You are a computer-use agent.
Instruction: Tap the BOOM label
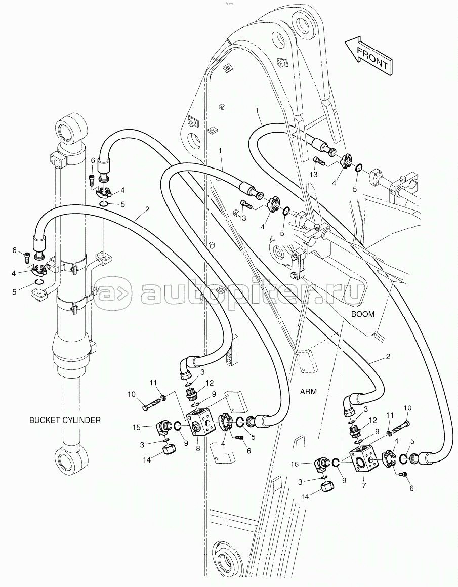(x=363, y=314)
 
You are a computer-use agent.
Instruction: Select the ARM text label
(x=308, y=391)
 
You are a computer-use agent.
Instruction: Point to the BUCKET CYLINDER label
(x=65, y=420)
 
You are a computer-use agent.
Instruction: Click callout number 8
(x=198, y=448)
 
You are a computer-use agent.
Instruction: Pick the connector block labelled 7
(x=363, y=462)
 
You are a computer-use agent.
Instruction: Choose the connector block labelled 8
(x=200, y=423)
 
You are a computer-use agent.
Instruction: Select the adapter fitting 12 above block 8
(x=192, y=393)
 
